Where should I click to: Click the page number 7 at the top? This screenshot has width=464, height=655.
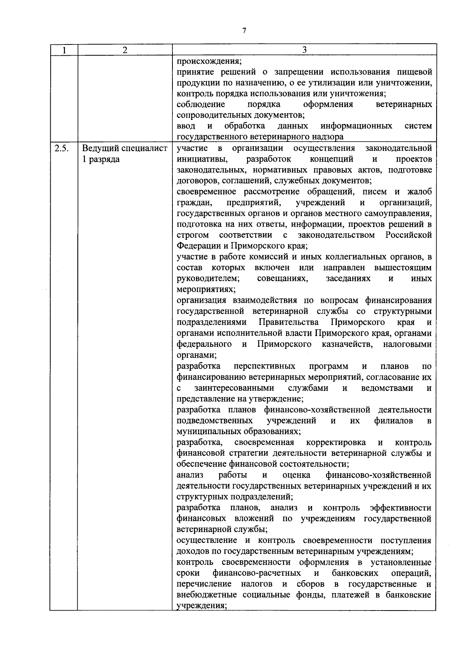tap(244, 31)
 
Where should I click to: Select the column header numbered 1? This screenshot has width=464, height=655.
tap(64, 50)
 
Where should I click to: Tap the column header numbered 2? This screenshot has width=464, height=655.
tap(125, 50)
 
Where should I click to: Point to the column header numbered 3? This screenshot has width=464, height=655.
tap(304, 50)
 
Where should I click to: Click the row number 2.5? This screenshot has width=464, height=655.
tap(61, 148)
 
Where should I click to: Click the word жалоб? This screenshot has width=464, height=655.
tap(420, 192)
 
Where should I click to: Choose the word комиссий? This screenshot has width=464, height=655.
tap(270, 257)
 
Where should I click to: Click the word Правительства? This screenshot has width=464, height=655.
tap(288, 322)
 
